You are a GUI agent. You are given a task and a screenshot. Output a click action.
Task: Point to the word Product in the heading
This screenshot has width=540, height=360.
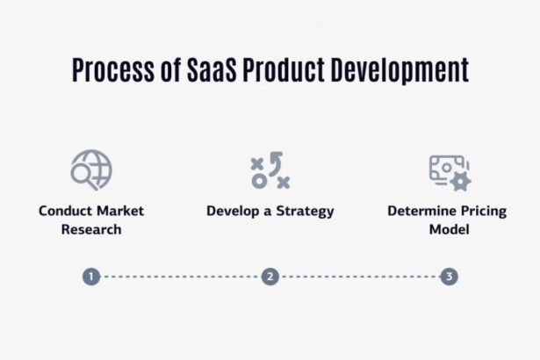point(286,69)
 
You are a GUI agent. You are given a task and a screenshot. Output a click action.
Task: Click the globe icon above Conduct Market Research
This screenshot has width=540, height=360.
point(91,169)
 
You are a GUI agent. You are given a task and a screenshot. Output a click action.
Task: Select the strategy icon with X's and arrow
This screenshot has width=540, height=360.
point(270,170)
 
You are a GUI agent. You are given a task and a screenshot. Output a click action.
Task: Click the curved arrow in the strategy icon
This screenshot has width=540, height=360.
point(276,162)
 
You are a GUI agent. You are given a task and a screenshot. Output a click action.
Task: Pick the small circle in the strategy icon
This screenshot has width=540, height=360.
point(259,181)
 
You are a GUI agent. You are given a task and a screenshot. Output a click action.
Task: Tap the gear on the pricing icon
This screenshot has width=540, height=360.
point(459,180)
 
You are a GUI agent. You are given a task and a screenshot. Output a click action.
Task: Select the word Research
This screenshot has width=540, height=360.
point(91,229)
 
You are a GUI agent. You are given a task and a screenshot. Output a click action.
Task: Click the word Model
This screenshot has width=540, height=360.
point(450,229)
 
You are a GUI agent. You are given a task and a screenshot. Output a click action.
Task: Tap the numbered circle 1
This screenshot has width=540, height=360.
point(90,277)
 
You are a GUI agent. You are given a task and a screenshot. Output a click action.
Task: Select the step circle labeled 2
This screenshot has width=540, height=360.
point(270,277)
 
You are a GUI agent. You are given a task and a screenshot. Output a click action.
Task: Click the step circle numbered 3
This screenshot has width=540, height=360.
point(450,277)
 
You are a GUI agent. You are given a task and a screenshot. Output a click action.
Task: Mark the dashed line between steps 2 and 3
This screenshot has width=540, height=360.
point(360,277)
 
